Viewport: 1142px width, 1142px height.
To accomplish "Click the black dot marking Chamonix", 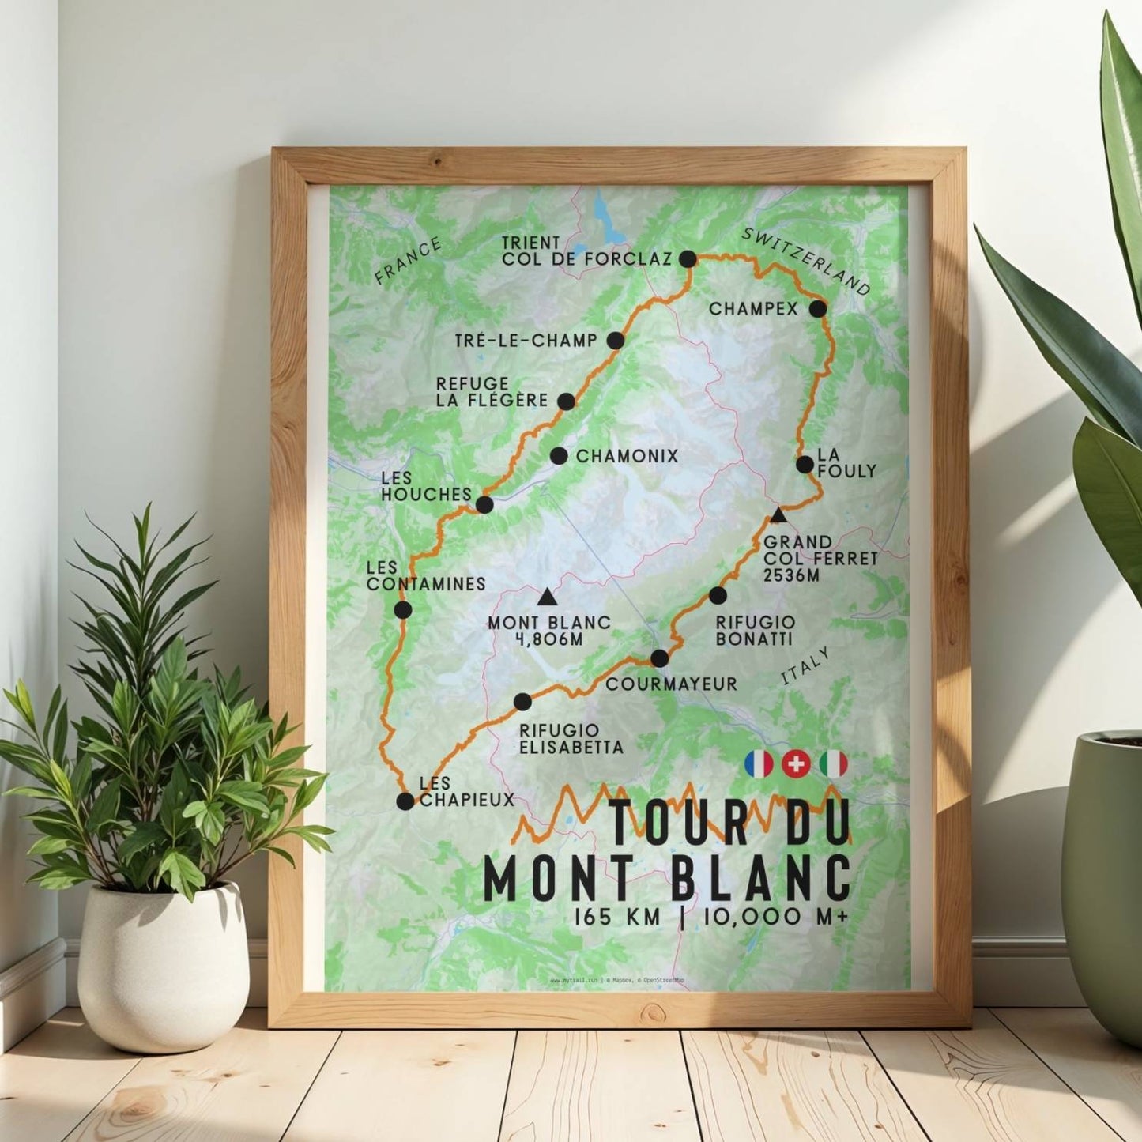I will (558, 456).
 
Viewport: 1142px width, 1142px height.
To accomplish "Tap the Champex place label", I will (753, 309).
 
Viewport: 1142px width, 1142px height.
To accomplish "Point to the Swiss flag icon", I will (796, 764).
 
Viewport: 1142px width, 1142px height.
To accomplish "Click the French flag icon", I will (759, 764).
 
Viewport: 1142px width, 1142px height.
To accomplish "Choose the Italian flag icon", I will (833, 764).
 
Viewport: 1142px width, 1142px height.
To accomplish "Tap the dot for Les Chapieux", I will (405, 801).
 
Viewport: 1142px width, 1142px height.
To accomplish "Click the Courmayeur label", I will (671, 684).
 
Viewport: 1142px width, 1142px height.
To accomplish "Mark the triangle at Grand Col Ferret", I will (778, 516).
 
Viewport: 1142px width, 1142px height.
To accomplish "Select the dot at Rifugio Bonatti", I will (718, 595).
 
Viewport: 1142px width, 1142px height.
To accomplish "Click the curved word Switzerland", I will (806, 259).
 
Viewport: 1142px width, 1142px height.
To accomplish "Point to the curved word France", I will (408, 261).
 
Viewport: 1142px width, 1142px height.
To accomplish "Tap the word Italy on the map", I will (805, 666).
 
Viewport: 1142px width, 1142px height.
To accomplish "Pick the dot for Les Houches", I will (484, 504).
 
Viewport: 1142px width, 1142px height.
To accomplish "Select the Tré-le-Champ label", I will (526, 341).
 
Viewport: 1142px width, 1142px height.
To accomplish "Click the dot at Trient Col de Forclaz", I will (688, 258).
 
